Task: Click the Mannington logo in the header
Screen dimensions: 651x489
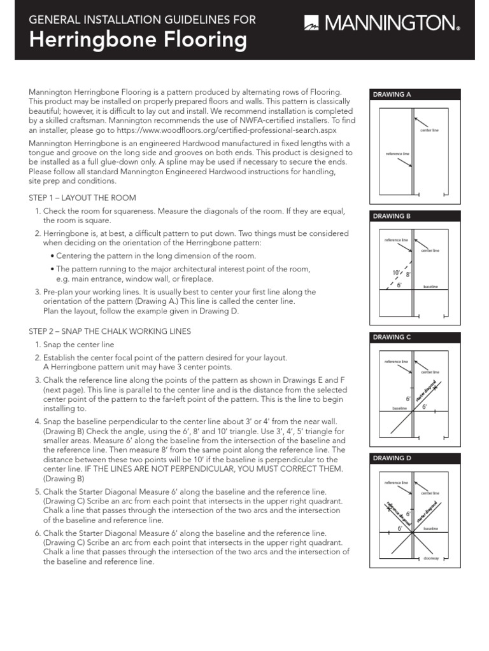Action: tap(382, 24)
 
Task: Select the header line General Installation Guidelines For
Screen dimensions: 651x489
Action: tap(143, 19)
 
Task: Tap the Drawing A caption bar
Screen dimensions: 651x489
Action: tap(415, 95)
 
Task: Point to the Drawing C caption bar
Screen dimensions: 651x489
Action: tap(415, 337)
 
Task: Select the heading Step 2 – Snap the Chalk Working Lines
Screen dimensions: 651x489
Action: tap(110, 332)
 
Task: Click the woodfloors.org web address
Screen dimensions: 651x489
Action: tap(236, 129)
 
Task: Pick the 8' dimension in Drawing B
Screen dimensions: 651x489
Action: tap(409, 275)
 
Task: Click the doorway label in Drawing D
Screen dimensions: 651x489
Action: tap(431, 558)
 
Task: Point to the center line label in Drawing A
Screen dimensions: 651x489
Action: tap(430, 130)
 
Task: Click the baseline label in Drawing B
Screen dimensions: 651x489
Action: tap(431, 287)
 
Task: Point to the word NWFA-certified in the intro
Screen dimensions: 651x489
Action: tap(252, 120)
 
